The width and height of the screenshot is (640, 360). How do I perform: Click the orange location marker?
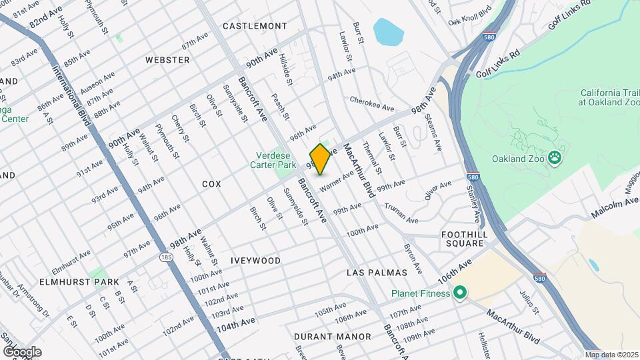point(320,159)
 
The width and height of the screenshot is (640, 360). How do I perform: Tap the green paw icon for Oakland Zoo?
point(555,158)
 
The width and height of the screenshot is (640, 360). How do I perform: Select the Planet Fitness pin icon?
point(459,293)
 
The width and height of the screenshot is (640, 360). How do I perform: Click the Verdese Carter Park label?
point(277,160)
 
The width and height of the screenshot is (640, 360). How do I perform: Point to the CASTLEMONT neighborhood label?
point(255,26)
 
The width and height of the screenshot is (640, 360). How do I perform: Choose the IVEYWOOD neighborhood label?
point(256,261)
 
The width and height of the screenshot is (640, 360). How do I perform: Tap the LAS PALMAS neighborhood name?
point(377,273)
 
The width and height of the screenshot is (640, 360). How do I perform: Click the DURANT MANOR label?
point(333,337)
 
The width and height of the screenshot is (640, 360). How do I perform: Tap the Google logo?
point(22,351)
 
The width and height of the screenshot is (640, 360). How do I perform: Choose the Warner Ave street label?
point(336,181)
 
